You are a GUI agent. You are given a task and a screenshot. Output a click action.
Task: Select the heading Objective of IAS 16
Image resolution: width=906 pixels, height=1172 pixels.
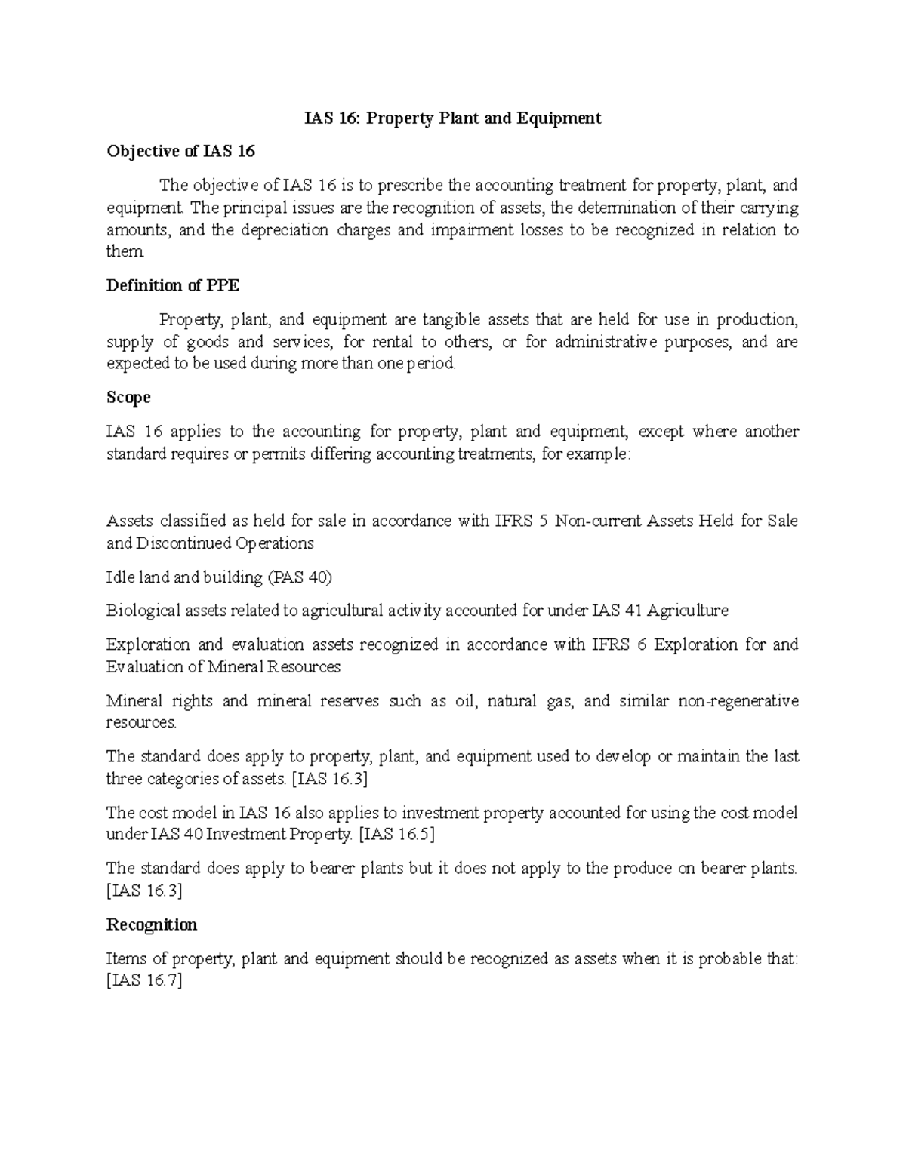[180, 152]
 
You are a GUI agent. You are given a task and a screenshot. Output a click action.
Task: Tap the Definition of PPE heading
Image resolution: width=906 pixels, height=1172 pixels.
[173, 285]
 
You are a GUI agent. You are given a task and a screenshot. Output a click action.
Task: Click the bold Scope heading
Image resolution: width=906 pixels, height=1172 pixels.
[128, 397]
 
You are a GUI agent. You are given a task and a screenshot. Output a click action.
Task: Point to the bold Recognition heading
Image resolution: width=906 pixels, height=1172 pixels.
[152, 924]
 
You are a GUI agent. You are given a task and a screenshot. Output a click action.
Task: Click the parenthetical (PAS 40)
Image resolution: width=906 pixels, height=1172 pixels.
[300, 577]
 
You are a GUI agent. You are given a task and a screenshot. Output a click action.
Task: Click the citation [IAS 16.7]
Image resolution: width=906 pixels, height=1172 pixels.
[145, 981]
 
